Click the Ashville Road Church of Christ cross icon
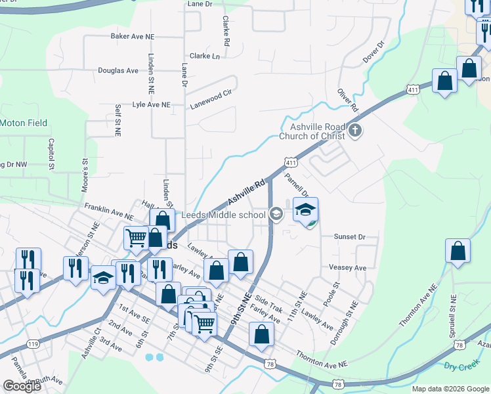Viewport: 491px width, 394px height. coord(355,130)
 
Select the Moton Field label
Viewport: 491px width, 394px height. coord(23,123)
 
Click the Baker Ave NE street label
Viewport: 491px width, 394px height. coord(134,36)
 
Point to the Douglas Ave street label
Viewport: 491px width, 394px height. coord(118,70)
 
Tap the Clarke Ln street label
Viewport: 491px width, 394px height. coord(205,56)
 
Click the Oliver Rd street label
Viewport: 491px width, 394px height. coord(348,99)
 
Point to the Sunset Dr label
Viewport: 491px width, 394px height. coord(349,236)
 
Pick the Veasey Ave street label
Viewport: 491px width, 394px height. coord(347,268)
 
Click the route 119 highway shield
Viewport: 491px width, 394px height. coord(32,343)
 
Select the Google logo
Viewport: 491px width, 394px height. coord(22,386)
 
